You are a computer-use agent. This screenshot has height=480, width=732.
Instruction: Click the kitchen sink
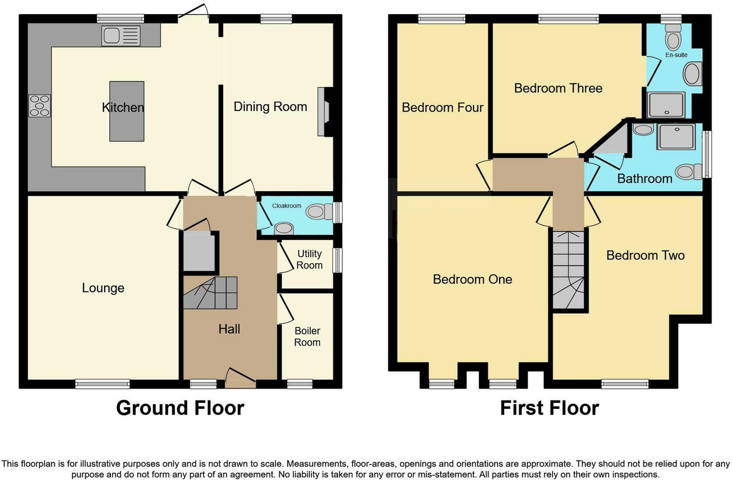click(121, 36)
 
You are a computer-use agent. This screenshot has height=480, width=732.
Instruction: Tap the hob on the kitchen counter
click(40, 106)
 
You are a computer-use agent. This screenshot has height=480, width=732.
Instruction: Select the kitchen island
click(127, 111)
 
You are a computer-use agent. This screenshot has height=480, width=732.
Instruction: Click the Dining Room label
click(270, 107)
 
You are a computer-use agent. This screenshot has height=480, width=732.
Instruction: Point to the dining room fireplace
click(324, 112)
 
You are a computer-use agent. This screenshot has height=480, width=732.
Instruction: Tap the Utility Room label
click(309, 260)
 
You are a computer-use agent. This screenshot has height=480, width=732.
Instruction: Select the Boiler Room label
click(307, 336)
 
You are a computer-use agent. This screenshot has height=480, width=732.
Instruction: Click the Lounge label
click(103, 288)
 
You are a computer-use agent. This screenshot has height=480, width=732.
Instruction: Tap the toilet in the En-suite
click(673, 37)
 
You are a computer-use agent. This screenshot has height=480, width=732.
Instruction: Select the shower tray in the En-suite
click(666, 105)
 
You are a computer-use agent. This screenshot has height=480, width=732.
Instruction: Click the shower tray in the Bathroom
click(676, 137)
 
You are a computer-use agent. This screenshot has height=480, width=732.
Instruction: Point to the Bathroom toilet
click(689, 172)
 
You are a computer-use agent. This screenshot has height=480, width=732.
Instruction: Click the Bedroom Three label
click(558, 88)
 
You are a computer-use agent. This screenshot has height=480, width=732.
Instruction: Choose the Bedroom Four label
click(442, 108)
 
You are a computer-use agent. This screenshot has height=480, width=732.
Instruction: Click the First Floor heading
click(549, 408)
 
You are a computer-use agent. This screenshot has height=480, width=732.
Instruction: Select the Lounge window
click(102, 384)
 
